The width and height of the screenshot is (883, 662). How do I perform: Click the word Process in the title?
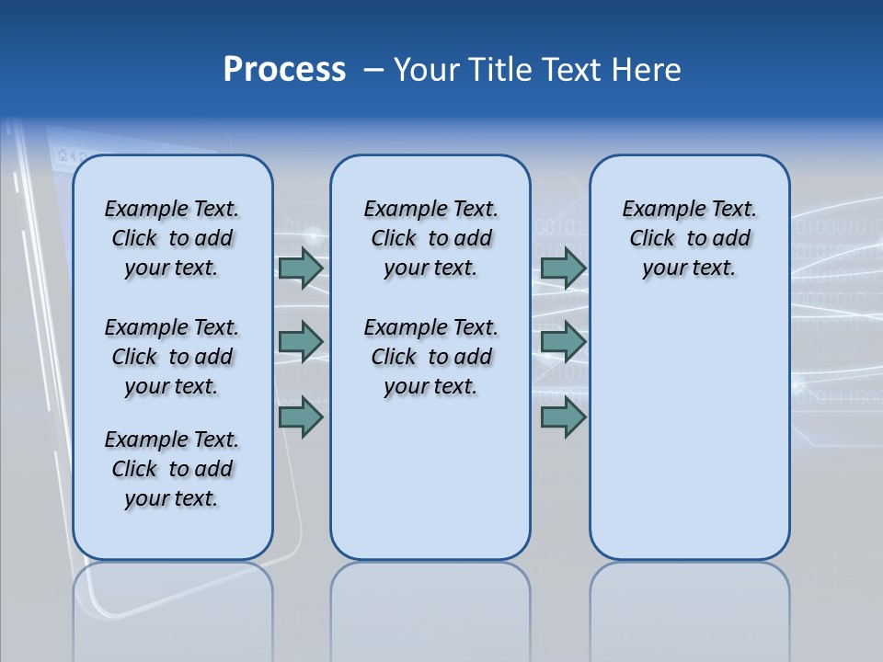[284, 70]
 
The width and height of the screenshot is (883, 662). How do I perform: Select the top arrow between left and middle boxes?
[301, 268]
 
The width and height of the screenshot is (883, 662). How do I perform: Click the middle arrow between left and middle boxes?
[301, 342]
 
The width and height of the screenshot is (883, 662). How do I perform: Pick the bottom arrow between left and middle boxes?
[301, 417]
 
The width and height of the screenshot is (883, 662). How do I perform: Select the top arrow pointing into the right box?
[563, 268]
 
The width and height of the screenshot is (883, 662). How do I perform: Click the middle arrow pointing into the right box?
[563, 342]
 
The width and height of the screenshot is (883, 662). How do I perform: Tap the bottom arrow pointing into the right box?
[563, 417]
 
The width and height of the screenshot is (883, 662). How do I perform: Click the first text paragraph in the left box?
[172, 238]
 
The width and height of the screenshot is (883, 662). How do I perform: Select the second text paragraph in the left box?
[172, 357]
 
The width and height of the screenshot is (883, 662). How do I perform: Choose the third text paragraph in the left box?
[172, 469]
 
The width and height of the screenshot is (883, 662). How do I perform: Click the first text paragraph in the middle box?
[430, 238]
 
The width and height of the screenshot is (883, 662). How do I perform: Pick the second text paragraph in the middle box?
[430, 357]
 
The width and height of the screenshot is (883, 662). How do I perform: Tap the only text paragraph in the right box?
[689, 238]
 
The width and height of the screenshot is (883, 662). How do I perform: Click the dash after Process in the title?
[373, 71]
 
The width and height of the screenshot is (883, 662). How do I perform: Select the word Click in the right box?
[652, 239]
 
